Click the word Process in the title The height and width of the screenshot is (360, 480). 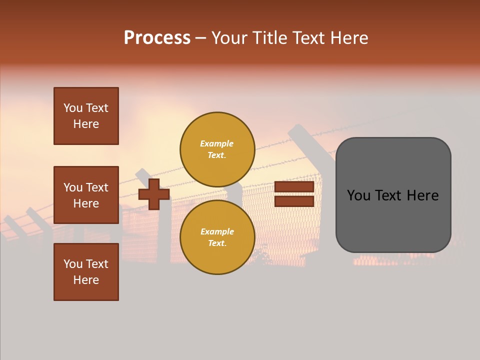157,38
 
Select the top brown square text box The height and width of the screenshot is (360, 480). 86,116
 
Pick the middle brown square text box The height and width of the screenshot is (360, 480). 86,195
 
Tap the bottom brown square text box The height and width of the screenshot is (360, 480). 86,272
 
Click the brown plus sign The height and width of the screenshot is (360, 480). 154,194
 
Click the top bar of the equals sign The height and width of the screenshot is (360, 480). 294,187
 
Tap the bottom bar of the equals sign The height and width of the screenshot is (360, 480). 294,201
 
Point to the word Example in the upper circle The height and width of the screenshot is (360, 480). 216,143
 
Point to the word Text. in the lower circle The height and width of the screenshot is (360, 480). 217,243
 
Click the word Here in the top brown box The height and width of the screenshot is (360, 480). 86,124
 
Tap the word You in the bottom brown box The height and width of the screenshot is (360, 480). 73,264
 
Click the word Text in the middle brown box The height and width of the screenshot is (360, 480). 97,187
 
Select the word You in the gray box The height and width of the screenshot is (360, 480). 358,195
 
